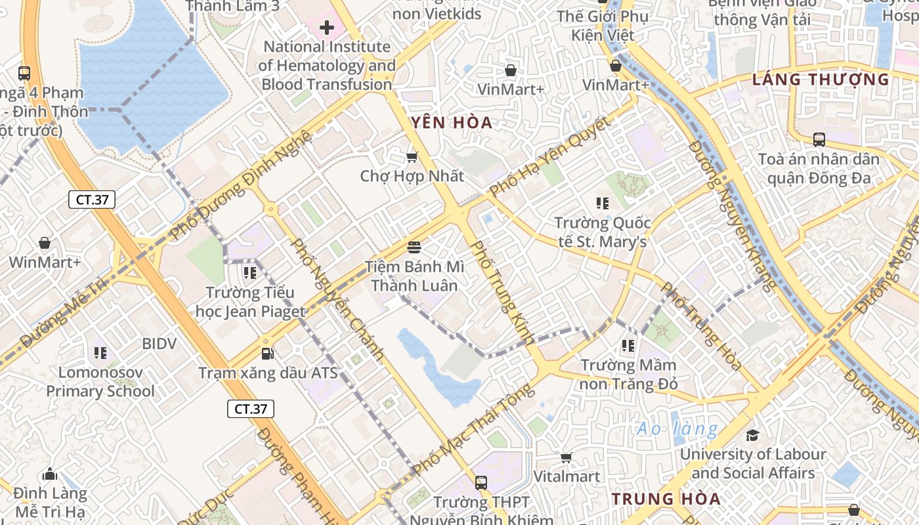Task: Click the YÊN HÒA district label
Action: click(x=451, y=123)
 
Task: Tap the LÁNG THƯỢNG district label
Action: click(x=821, y=80)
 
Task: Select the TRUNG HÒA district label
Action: click(x=666, y=499)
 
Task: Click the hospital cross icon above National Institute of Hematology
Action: click(x=326, y=28)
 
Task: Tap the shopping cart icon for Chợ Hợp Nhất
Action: click(x=412, y=157)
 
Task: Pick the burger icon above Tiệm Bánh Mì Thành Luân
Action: click(x=414, y=247)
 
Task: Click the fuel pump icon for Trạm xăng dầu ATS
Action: click(x=267, y=354)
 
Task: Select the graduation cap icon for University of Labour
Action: click(x=752, y=435)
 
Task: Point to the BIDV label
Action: click(x=159, y=344)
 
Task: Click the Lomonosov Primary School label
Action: click(x=100, y=382)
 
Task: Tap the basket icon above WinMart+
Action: click(x=45, y=243)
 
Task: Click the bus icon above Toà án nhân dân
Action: click(x=819, y=140)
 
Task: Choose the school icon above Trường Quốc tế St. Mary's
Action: click(x=601, y=203)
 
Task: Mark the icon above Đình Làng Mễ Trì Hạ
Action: click(x=50, y=474)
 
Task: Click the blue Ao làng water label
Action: click(x=677, y=429)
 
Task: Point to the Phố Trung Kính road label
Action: click(x=503, y=292)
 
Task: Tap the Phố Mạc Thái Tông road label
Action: click(x=473, y=428)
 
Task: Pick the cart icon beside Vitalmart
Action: click(x=566, y=457)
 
